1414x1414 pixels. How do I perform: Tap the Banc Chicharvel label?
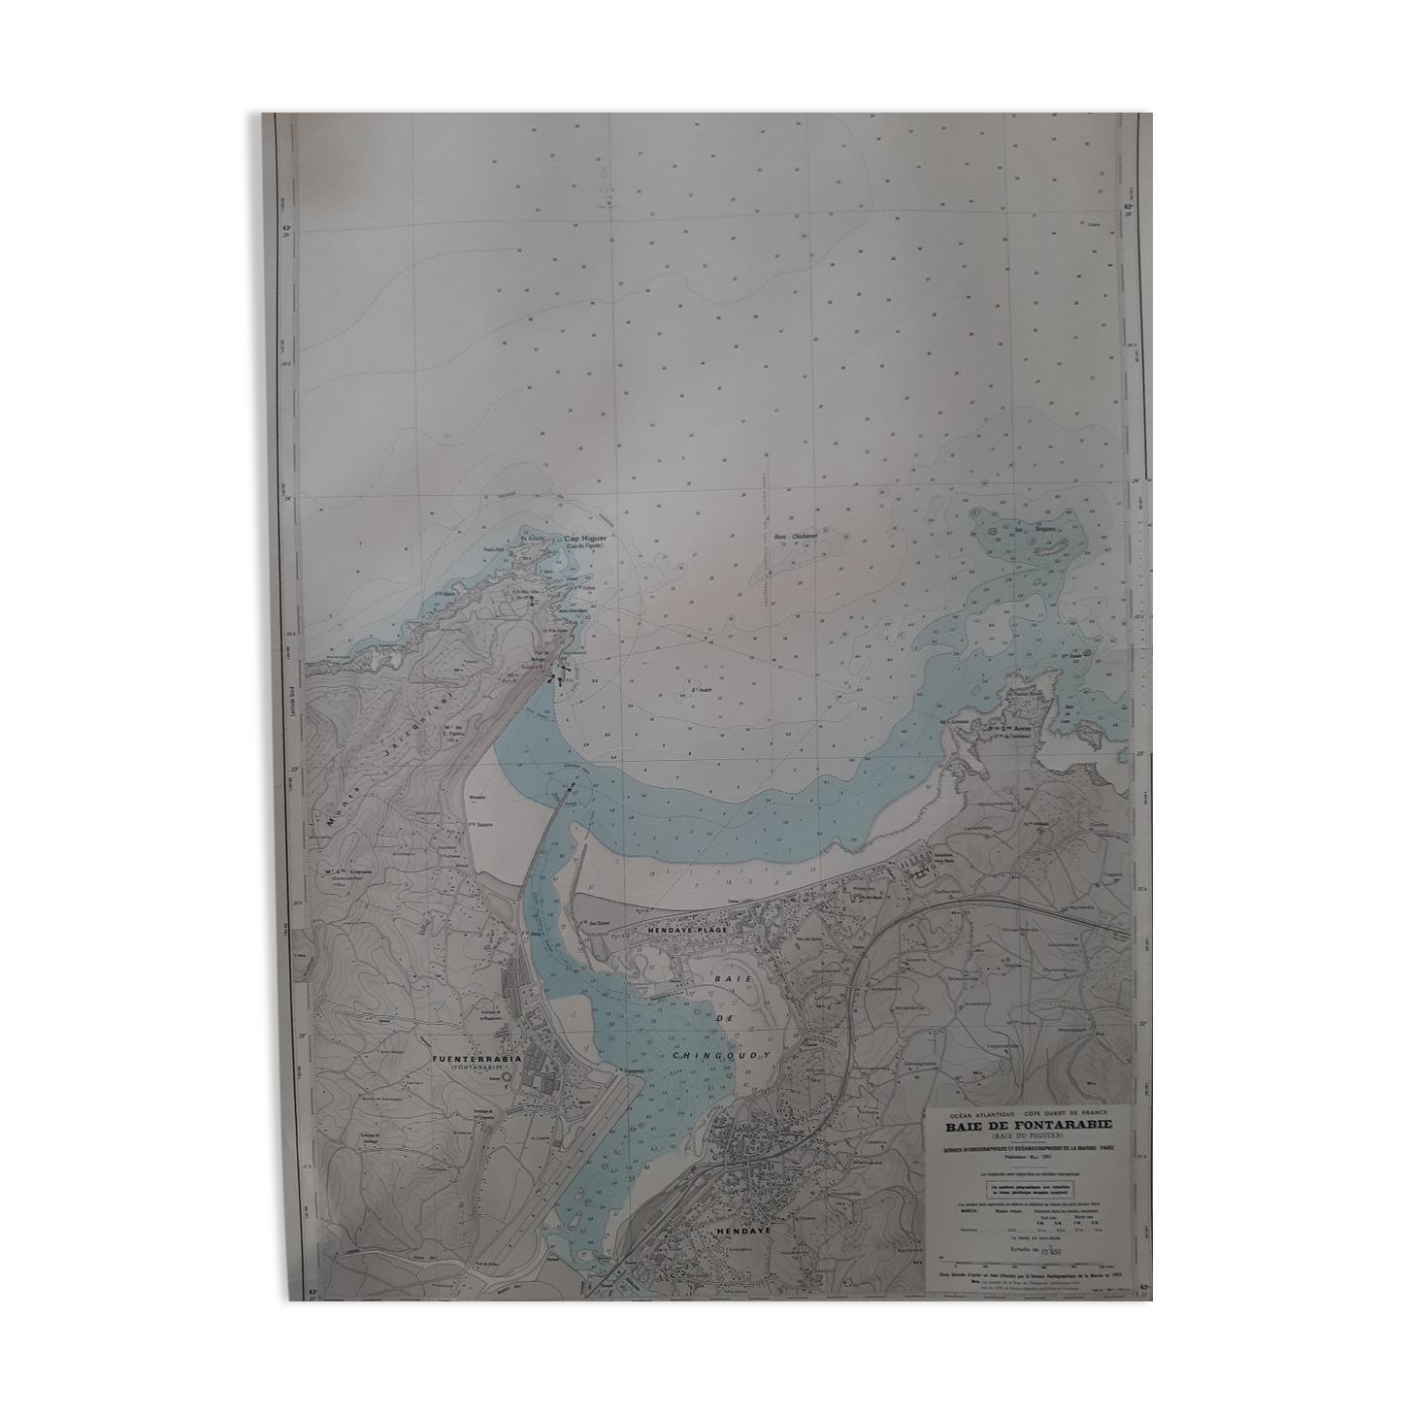pos(799,536)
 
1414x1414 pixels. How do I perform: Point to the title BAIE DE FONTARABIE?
pos(1022,1126)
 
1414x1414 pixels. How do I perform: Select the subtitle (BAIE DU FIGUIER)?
pos(1023,1136)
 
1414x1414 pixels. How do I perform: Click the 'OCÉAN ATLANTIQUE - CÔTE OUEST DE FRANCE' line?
pos(1022,1113)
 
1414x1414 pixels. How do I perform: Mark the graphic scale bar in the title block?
pos(1022,1239)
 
